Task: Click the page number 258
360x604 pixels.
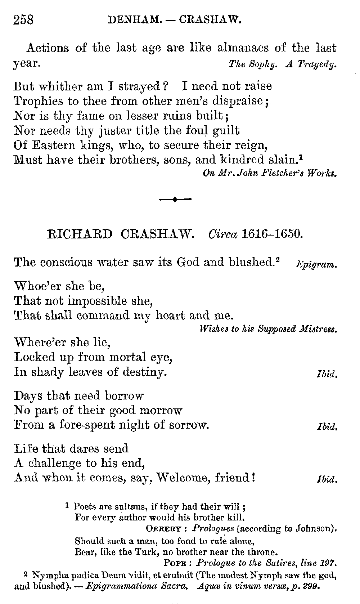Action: (x=23, y=19)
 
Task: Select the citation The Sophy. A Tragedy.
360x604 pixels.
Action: (x=283, y=64)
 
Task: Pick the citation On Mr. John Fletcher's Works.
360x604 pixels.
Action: (x=270, y=173)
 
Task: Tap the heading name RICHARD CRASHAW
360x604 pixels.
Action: (x=121, y=234)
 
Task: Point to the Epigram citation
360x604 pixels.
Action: (x=316, y=265)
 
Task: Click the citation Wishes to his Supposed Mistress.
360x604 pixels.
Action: (x=268, y=329)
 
